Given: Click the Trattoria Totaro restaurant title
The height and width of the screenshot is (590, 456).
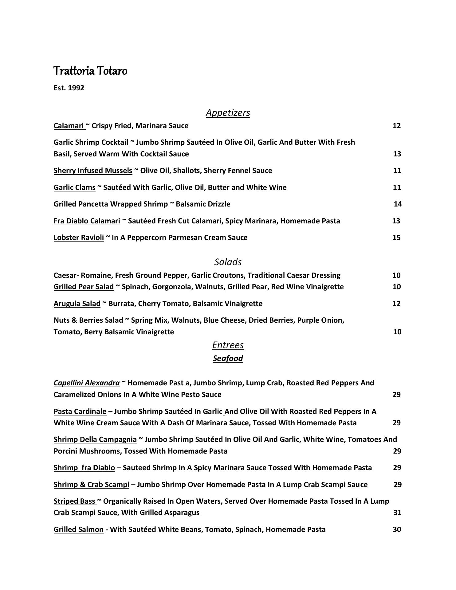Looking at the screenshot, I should click(x=90, y=71).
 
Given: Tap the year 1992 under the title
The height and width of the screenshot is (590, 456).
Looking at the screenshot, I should click(x=76, y=88).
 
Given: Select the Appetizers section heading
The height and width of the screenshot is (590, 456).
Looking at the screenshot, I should click(x=228, y=113).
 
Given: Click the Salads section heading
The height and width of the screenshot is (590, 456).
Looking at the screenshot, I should click(x=228, y=262).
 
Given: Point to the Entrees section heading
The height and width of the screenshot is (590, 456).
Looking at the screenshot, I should click(x=228, y=345).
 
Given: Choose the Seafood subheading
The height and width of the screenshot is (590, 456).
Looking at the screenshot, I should click(x=228, y=358).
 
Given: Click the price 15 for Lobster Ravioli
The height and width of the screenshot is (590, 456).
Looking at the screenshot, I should click(x=396, y=238).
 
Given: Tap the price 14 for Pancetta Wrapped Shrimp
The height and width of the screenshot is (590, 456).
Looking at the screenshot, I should click(x=398, y=204).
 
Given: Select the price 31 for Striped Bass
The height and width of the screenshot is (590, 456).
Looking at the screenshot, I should click(x=397, y=513).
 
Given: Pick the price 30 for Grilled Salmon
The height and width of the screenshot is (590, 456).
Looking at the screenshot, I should click(x=397, y=529).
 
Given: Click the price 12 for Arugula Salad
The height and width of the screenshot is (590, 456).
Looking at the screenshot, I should click(x=396, y=304).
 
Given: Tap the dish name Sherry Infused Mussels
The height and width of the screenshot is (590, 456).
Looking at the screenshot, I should click(x=93, y=171).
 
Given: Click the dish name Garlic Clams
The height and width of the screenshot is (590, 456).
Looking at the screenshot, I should click(x=74, y=187).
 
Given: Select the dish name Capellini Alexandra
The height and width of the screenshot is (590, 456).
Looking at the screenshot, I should click(x=86, y=383).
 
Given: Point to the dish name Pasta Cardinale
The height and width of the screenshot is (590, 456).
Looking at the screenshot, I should click(x=80, y=411).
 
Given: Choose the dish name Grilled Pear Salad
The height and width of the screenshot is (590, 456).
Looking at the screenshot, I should click(x=84, y=287).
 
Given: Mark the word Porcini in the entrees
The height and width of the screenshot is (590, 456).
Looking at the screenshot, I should click(x=65, y=451).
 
